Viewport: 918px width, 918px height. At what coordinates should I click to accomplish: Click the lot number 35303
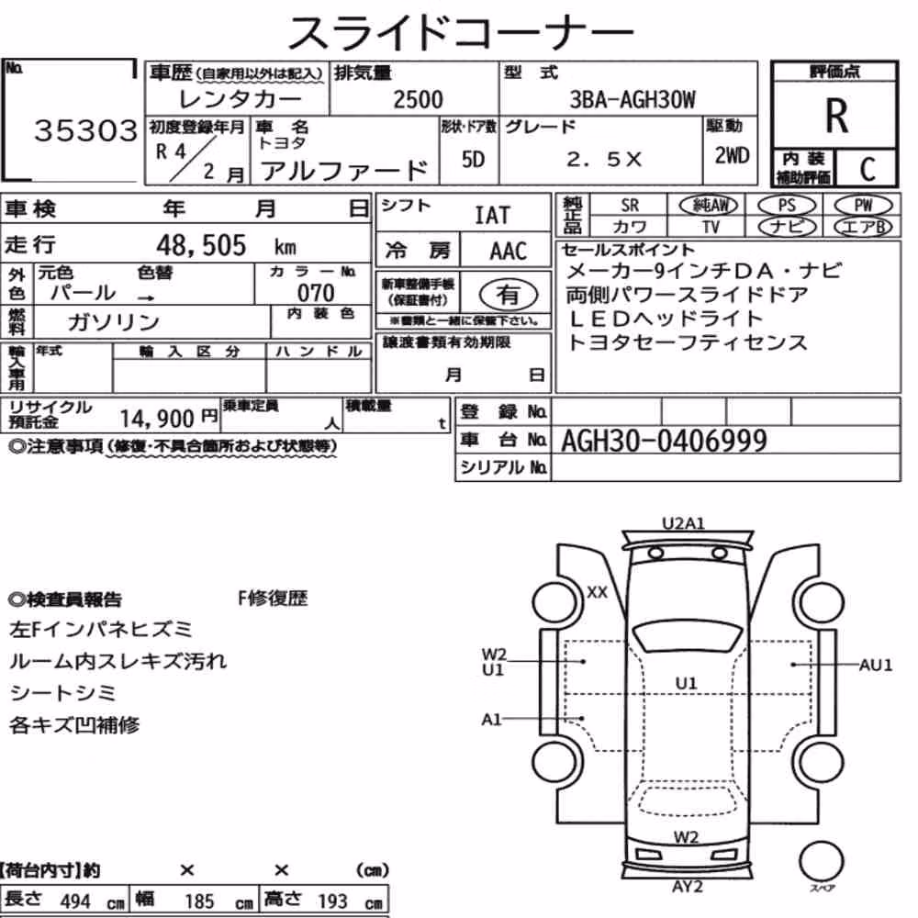(x=86, y=130)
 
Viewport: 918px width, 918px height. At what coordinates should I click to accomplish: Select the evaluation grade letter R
(x=836, y=116)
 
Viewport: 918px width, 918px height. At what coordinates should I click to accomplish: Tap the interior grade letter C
(x=868, y=169)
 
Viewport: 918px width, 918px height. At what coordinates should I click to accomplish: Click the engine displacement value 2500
(x=418, y=99)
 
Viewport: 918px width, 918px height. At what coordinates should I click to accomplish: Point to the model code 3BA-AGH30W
(x=633, y=99)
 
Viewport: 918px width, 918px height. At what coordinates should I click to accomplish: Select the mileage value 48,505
(x=201, y=245)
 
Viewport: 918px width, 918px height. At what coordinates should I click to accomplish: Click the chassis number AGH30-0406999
(x=664, y=441)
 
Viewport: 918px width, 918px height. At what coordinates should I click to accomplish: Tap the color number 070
(x=316, y=293)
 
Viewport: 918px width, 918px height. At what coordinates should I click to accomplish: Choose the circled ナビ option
(x=787, y=227)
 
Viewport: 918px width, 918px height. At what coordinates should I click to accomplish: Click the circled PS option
(x=787, y=206)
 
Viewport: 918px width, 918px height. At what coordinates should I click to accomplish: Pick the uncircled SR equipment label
(x=630, y=206)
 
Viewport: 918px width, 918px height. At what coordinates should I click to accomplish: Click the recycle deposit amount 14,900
(x=157, y=419)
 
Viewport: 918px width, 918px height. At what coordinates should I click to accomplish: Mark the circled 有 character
(x=508, y=295)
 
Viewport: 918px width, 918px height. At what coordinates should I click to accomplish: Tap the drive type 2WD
(x=732, y=156)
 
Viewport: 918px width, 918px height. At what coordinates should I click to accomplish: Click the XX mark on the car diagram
(x=598, y=592)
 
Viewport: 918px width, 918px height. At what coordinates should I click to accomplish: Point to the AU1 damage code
(x=875, y=665)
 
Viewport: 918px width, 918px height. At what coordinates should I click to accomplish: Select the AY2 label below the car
(x=688, y=887)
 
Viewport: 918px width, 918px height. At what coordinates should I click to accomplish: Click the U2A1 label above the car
(x=683, y=523)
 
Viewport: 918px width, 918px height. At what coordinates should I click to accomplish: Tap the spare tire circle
(x=821, y=862)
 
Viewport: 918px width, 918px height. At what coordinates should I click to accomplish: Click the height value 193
(x=332, y=901)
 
